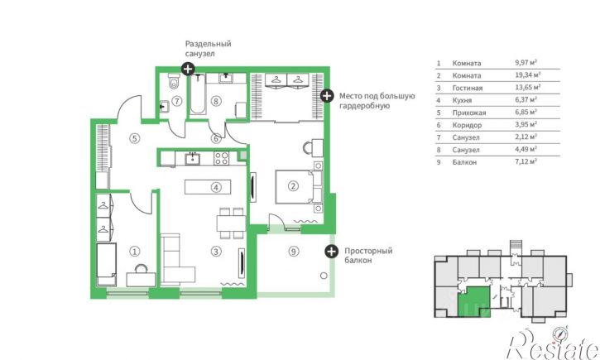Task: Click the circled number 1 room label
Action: [x=134, y=252]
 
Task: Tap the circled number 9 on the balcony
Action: [x=293, y=252]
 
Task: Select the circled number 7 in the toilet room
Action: [x=176, y=101]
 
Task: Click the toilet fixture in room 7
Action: [x=174, y=81]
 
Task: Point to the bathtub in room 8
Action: [x=198, y=94]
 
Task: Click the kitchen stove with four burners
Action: [x=221, y=158]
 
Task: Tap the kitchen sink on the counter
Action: [x=192, y=158]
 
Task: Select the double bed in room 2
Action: [x=299, y=187]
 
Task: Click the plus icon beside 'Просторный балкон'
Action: [x=331, y=252]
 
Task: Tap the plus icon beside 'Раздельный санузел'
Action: [x=188, y=69]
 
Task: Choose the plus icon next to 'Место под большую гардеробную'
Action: [x=326, y=96]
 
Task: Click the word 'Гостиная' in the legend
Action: [x=468, y=88]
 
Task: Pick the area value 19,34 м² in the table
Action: [x=528, y=75]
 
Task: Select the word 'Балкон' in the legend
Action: [x=464, y=162]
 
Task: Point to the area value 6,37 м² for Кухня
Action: [x=526, y=99]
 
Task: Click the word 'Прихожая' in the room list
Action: [x=469, y=113]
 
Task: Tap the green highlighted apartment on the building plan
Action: [x=474, y=302]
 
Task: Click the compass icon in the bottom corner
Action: [x=560, y=334]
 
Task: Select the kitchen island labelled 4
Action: [x=208, y=187]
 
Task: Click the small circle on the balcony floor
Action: [x=324, y=276]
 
